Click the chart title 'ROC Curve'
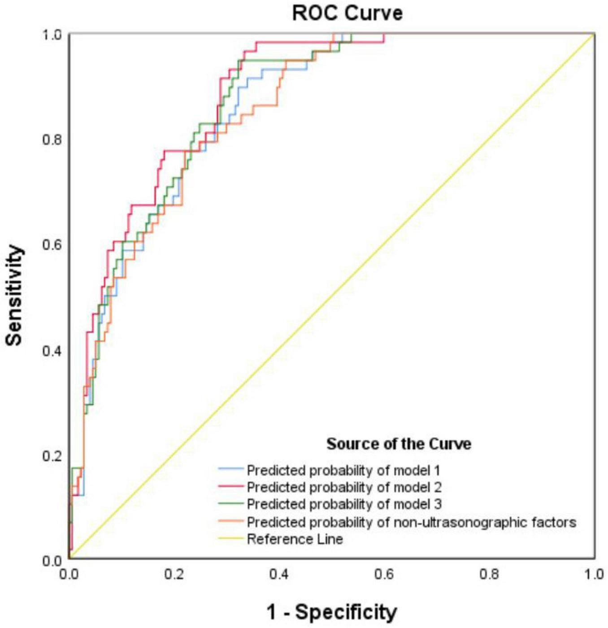[347, 13]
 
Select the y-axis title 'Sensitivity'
[14, 296]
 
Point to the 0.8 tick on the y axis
[52, 140]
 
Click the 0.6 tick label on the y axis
[52, 245]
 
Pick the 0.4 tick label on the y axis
[52, 350]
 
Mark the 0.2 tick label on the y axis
[52, 456]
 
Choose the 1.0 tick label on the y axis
[52, 35]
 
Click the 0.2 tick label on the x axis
[174, 575]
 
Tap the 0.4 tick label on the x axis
[279, 575]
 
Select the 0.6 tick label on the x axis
[384, 575]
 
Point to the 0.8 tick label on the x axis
[490, 575]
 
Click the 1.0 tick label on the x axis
[594, 575]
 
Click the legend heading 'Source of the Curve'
[399, 444]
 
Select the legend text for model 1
[343, 471]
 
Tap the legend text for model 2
[344, 487]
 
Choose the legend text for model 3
[344, 504]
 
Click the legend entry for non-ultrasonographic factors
[411, 522]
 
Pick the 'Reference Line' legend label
[295, 539]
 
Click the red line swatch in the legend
[231, 487]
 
